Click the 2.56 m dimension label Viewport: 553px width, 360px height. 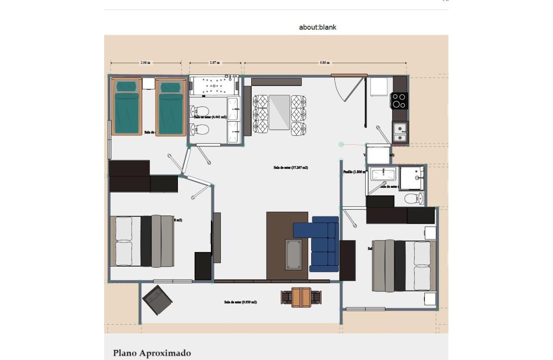pos(146,63)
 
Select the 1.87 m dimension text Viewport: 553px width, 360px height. pos(215,63)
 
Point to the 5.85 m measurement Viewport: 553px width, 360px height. pos(325,63)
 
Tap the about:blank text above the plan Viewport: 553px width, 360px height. pos(318,27)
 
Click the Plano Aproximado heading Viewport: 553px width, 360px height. pos(152,353)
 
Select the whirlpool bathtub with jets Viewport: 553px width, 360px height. pos(213,86)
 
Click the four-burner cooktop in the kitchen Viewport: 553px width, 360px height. pos(399,101)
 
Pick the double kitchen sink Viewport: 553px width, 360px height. pos(400,132)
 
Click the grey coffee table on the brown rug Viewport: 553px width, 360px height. pos(294,255)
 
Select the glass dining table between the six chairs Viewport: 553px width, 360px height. pos(280,112)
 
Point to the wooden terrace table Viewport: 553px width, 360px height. pos(301,297)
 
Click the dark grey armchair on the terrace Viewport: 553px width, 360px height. pos(157,300)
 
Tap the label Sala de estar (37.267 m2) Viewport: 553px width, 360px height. pos(291,168)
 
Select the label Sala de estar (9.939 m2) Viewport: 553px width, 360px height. pos(240,302)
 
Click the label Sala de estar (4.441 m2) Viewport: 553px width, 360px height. pos(210,117)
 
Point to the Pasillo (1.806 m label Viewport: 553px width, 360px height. pos(354,172)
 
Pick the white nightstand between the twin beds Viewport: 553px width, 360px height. pos(148,83)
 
